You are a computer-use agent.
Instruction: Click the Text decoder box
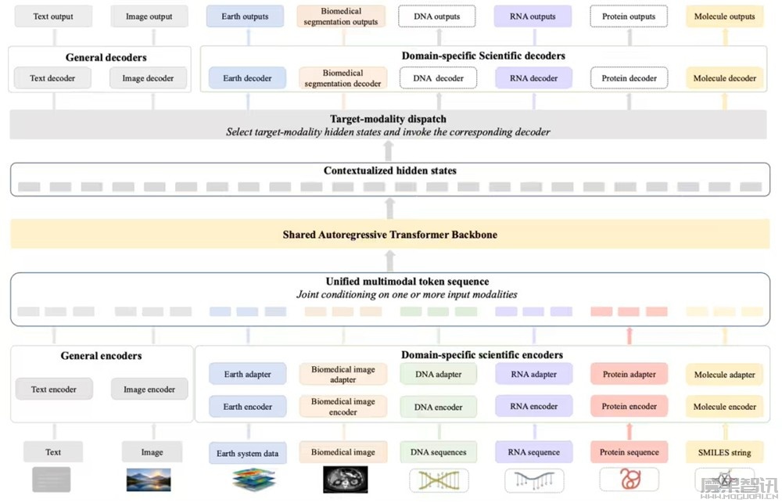click(52, 78)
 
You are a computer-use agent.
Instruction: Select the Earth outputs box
click(245, 16)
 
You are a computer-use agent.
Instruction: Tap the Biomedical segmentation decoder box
click(343, 78)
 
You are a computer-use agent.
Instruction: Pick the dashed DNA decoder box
click(438, 78)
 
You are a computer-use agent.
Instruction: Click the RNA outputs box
click(533, 16)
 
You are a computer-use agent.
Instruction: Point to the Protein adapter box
click(629, 374)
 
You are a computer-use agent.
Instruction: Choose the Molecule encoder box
click(725, 407)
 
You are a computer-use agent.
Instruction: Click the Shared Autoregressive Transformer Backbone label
click(390, 235)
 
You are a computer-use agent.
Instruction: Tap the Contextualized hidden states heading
click(390, 171)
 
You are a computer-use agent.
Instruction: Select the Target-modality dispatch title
click(388, 119)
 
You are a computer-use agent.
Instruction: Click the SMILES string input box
click(725, 452)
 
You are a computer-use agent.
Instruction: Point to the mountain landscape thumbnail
click(149, 480)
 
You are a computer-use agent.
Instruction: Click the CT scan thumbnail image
click(345, 480)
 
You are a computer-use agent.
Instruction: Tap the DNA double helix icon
click(439, 480)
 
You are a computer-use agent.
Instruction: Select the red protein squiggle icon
click(630, 480)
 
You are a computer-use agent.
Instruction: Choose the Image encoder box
click(149, 390)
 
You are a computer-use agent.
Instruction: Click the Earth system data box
click(247, 453)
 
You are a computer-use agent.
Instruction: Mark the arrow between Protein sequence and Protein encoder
click(630, 431)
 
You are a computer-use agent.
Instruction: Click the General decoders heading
click(106, 57)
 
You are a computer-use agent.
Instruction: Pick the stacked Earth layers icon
click(254, 480)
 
